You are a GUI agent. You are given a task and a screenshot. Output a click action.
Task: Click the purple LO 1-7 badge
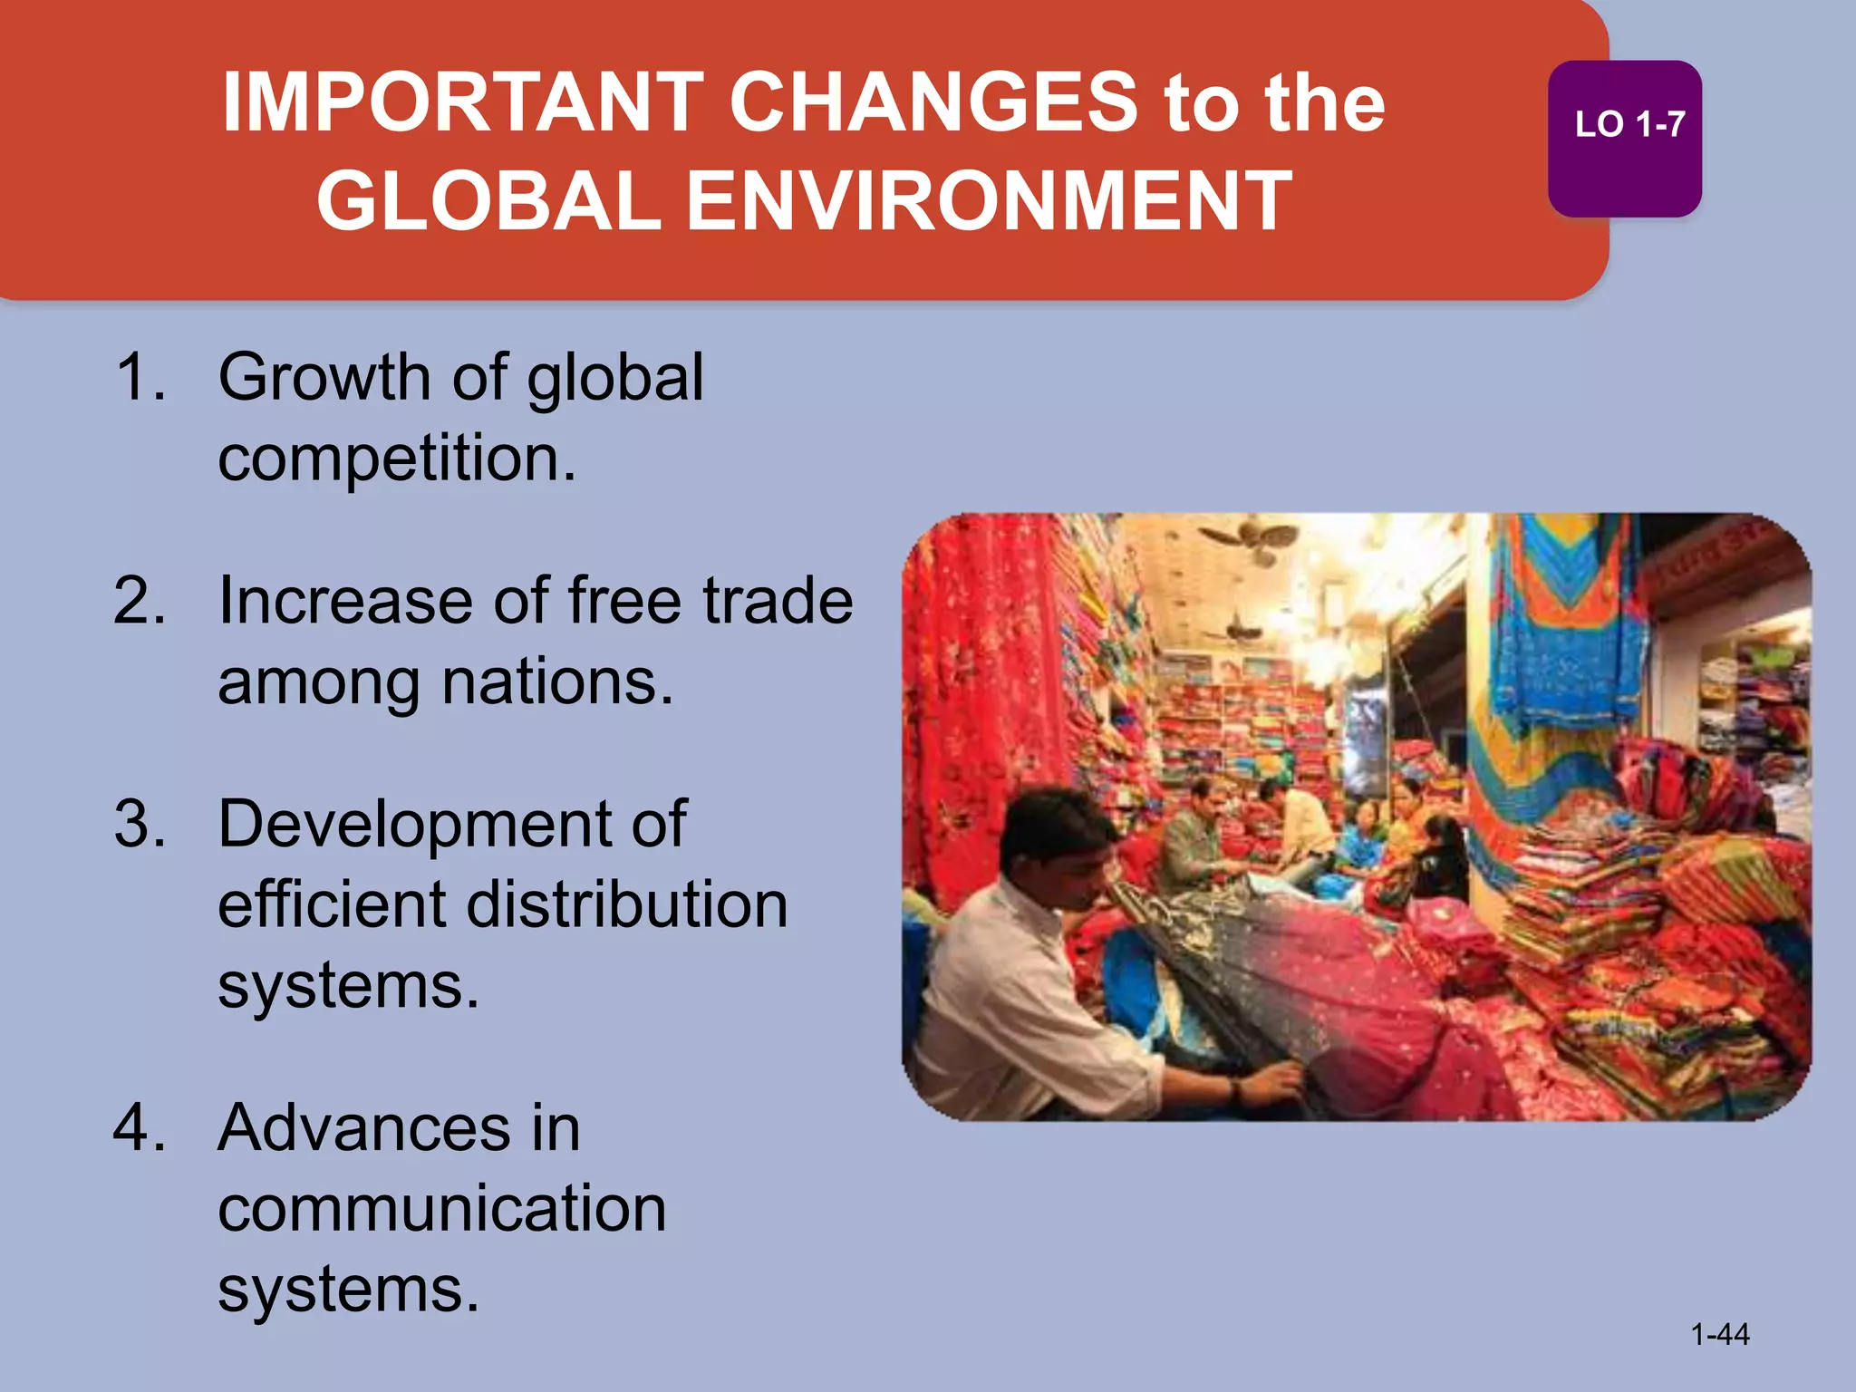pos(1625,138)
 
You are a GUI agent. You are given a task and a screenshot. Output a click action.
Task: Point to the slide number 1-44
pos(1719,1334)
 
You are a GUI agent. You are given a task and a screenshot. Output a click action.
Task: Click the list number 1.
pos(140,377)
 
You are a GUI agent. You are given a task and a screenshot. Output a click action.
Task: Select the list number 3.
pos(140,824)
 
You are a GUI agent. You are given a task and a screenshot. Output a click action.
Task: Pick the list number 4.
pos(140,1128)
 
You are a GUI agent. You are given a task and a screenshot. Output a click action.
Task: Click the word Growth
pos(324,377)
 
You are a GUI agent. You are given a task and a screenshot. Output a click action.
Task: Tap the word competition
pos(396,459)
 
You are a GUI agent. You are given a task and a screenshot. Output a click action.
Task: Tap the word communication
pos(442,1209)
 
